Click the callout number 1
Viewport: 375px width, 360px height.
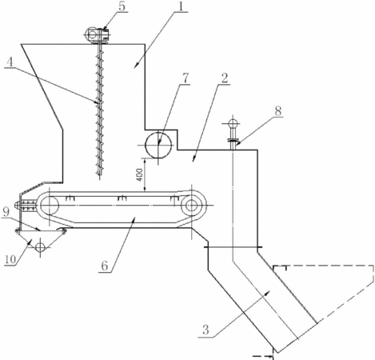(182, 6)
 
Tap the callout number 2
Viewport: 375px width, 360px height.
(225, 78)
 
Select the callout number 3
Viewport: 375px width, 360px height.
(205, 330)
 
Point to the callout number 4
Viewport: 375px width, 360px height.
(10, 62)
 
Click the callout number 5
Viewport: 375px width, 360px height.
(122, 6)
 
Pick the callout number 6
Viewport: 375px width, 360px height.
(105, 266)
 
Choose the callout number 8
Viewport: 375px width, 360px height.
(277, 111)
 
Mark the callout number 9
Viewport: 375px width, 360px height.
(6, 212)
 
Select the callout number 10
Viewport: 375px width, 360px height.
(10, 259)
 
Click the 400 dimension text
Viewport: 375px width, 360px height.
(140, 175)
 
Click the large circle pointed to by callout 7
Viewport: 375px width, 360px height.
(158, 145)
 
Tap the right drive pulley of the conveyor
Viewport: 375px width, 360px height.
(191, 205)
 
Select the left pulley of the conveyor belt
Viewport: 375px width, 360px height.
(50, 205)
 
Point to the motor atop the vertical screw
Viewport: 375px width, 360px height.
(97, 34)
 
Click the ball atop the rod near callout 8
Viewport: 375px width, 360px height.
(233, 124)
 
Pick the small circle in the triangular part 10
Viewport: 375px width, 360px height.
(40, 247)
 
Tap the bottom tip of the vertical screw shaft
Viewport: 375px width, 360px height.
(99, 175)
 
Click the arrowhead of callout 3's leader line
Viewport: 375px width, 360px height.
(268, 293)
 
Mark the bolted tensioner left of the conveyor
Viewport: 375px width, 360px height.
(26, 206)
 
